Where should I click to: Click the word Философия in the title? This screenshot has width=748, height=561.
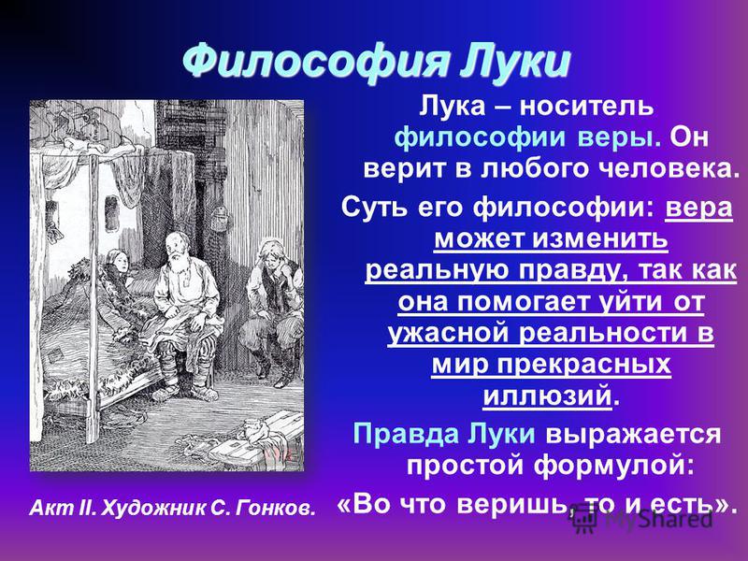316,63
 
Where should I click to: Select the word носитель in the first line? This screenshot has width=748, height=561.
586,106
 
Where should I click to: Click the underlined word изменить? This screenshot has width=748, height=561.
600,238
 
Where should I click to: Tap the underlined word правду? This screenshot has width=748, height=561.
571,270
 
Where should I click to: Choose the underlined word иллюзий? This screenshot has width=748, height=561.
547,396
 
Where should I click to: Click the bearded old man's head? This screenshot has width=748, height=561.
177,247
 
